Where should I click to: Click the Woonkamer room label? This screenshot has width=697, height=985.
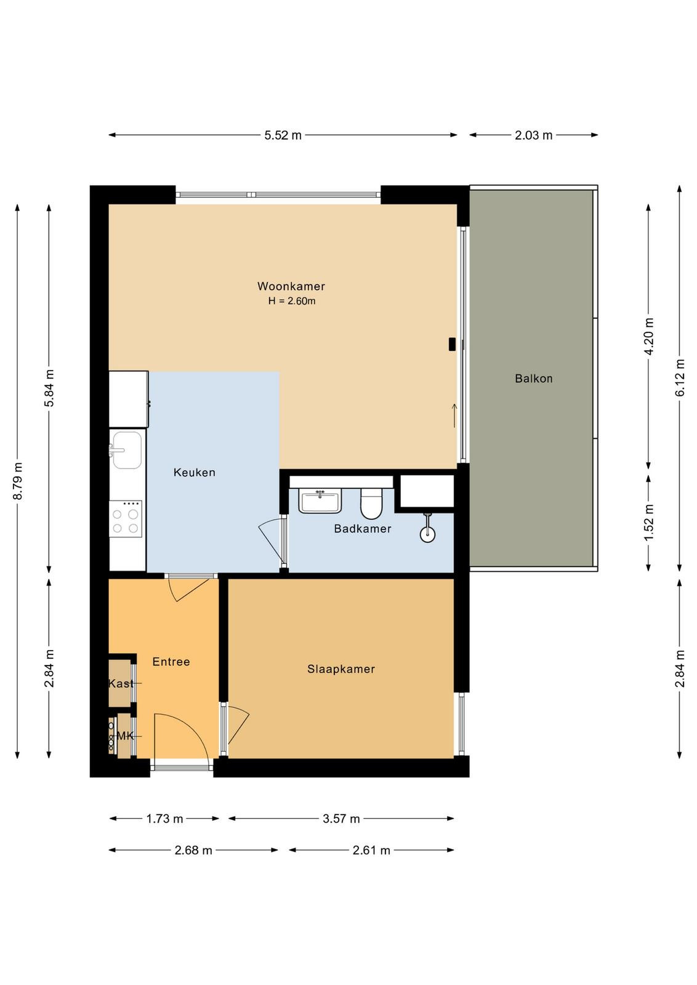tap(291, 286)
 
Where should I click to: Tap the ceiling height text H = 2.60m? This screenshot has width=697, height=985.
tap(292, 301)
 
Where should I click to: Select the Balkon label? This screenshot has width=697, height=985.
tap(533, 378)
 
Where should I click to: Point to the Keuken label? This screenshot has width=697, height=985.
tap(195, 472)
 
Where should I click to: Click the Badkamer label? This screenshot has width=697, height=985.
tap(362, 529)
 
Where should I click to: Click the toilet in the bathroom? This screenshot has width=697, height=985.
tap(372, 504)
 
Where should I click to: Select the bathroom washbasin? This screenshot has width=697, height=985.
tap(320, 502)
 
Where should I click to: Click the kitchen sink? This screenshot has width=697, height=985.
tap(127, 450)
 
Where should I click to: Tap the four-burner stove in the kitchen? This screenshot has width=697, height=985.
tap(126, 519)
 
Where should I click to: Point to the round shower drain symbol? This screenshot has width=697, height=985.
tap(427, 535)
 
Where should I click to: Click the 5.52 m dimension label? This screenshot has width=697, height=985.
tap(283, 135)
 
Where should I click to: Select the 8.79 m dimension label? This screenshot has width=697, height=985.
tap(18, 481)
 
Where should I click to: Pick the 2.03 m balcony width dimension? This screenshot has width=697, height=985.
tap(533, 135)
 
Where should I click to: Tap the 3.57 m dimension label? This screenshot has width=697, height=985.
tap(341, 819)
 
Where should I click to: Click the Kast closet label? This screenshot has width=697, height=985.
tap(121, 683)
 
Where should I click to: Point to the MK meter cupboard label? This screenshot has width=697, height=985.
tap(125, 736)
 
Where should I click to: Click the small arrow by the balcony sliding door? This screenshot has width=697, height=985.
tap(454, 416)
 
